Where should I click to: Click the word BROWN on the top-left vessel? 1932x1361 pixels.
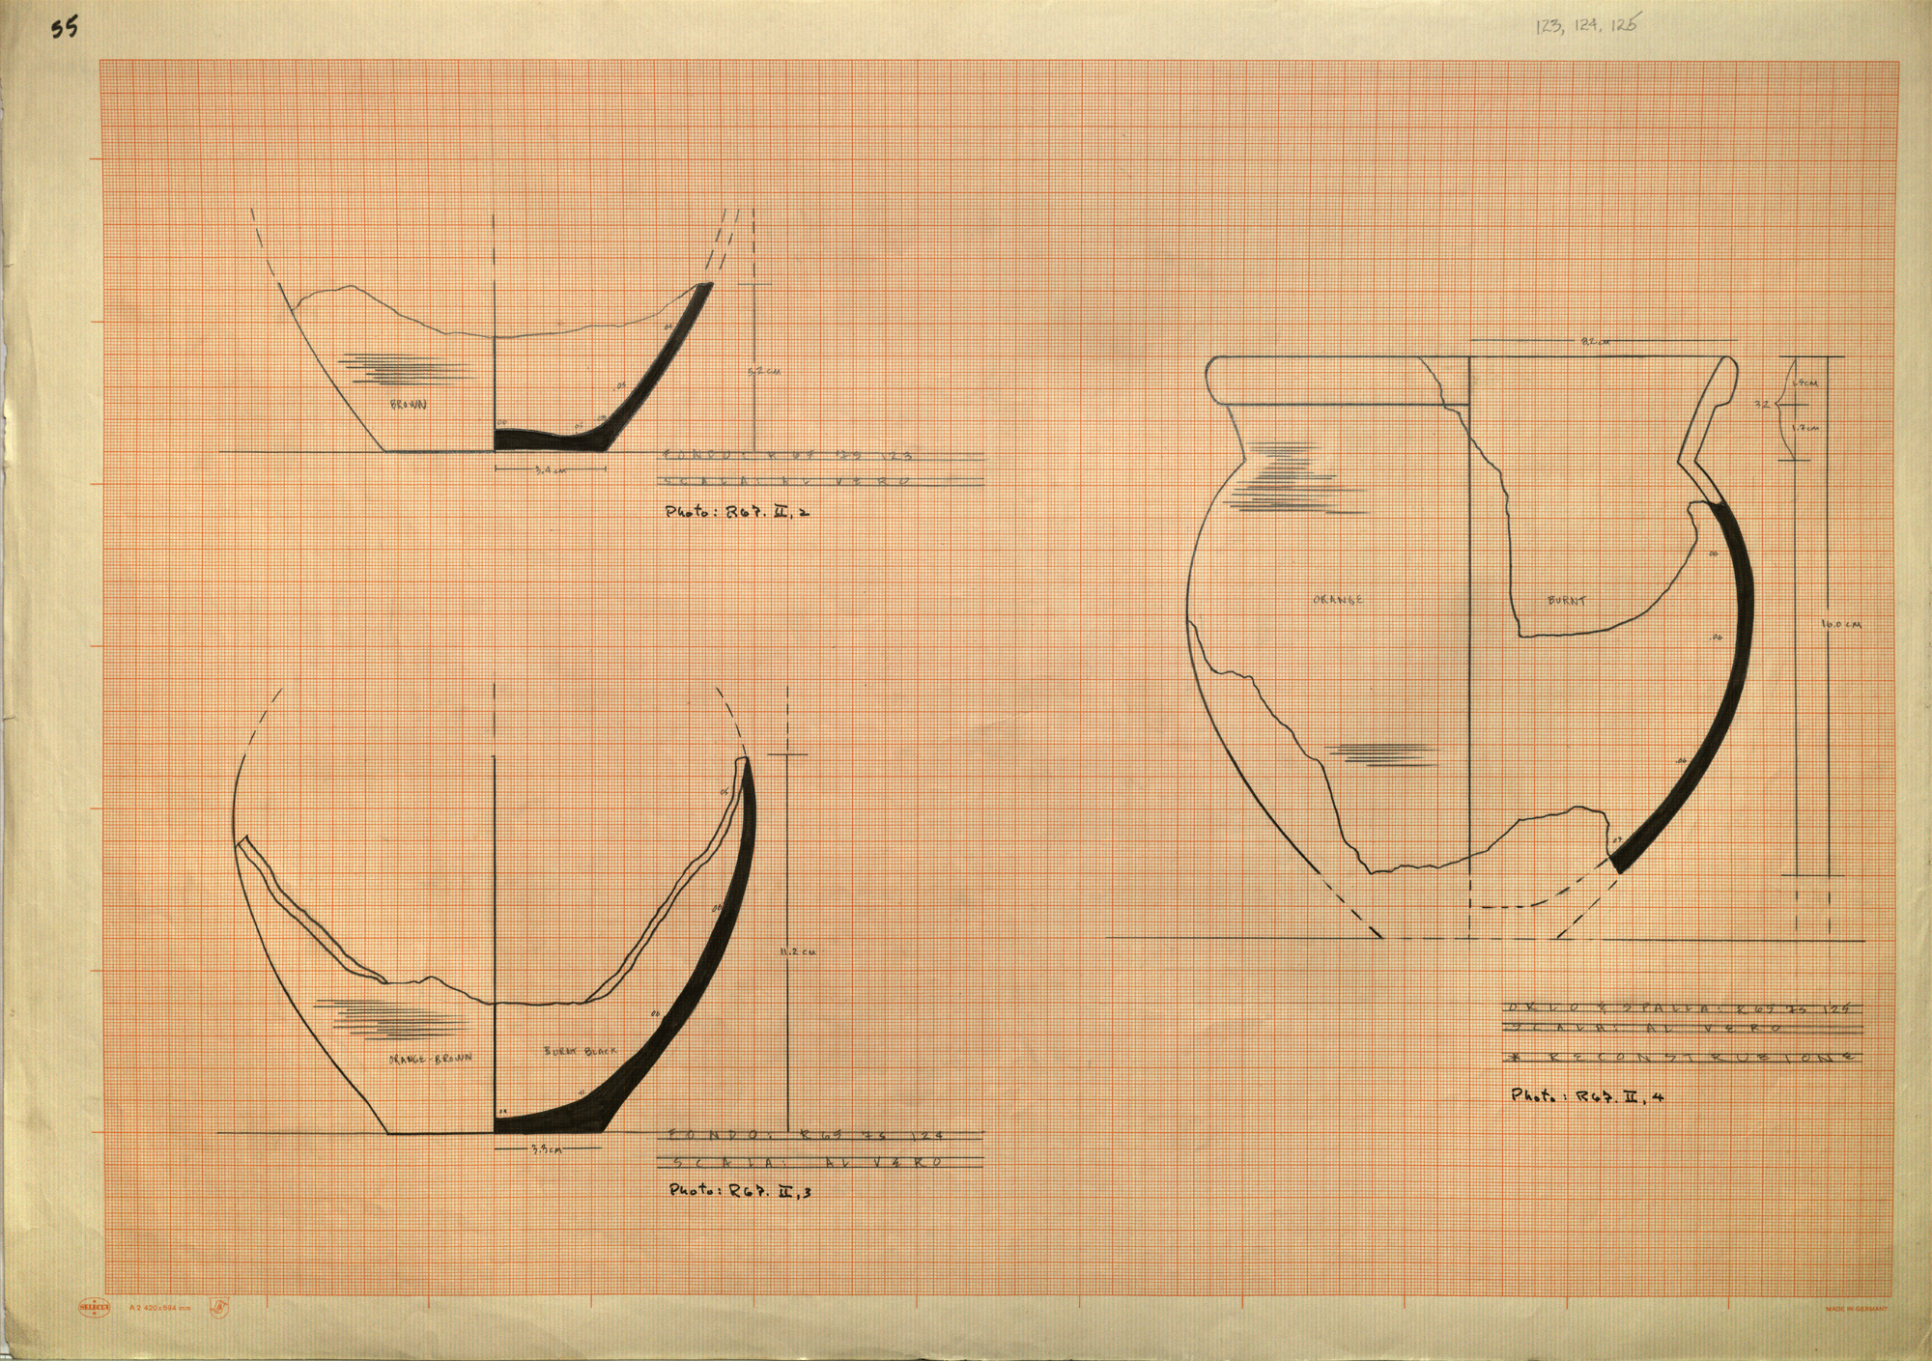(410, 406)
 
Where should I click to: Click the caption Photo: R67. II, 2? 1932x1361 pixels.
(736, 513)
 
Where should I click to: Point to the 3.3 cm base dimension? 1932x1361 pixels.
(546, 1150)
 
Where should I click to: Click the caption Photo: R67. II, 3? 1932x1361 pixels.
(741, 1191)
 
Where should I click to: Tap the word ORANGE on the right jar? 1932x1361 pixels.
(1338, 600)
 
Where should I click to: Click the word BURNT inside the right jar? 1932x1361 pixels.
(1567, 601)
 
